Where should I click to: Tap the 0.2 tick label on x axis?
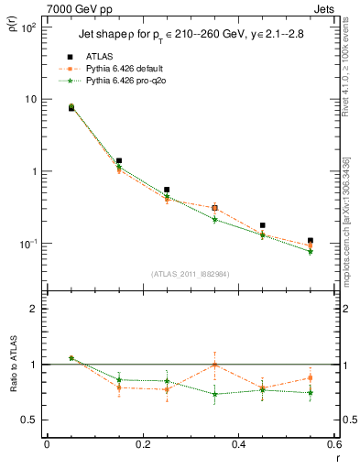[x=142, y=444]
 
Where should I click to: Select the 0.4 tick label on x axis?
[x=238, y=444]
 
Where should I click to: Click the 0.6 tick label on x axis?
[x=333, y=444]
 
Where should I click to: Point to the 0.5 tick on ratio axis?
[x=31, y=420]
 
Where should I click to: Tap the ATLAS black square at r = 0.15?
[x=119, y=160]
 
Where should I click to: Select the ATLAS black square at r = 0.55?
[x=311, y=240]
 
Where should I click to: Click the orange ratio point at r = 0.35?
[x=214, y=365]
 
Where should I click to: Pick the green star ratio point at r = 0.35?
[x=214, y=394]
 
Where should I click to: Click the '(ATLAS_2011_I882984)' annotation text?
[x=191, y=274]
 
